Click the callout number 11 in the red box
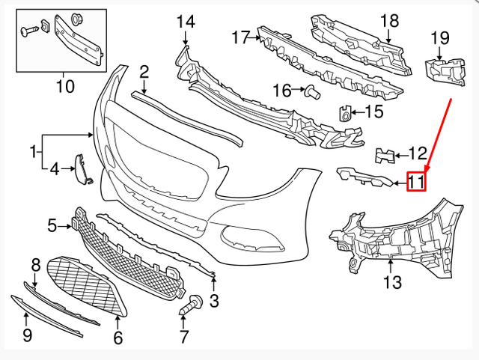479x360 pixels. click(416, 181)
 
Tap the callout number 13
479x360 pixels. click(392, 282)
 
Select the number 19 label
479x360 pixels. click(439, 37)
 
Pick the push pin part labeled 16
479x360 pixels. click(311, 91)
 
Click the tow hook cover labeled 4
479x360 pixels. click(82, 168)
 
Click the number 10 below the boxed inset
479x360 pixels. click(65, 86)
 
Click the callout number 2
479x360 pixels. click(144, 72)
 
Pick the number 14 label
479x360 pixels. click(185, 21)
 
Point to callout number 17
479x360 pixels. click(239, 36)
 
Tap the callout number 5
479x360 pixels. click(52, 224)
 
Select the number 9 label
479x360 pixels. click(27, 335)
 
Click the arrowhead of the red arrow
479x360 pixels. click(427, 171)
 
